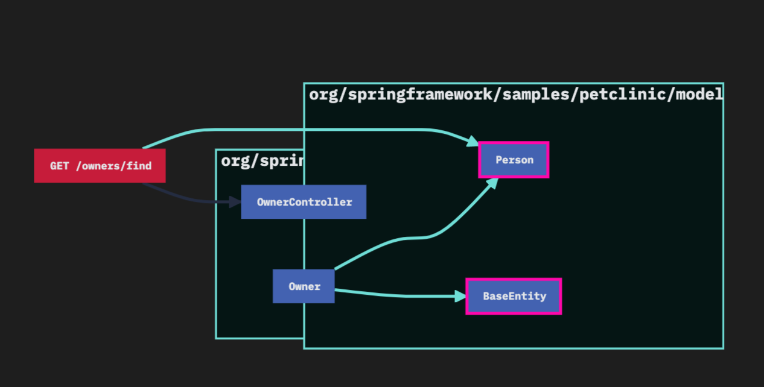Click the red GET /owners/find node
[100, 166]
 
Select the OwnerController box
[304, 202]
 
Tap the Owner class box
[304, 286]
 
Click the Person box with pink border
[514, 160]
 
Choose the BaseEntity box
[514, 296]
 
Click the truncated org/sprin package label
[262, 162]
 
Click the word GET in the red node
[60, 166]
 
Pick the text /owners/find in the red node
[113, 166]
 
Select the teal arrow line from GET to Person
[302, 129]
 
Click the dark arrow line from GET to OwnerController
[181, 198]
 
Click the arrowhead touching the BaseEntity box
[460, 296]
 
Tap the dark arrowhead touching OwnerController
[235, 202]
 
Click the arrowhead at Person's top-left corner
[472, 142]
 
